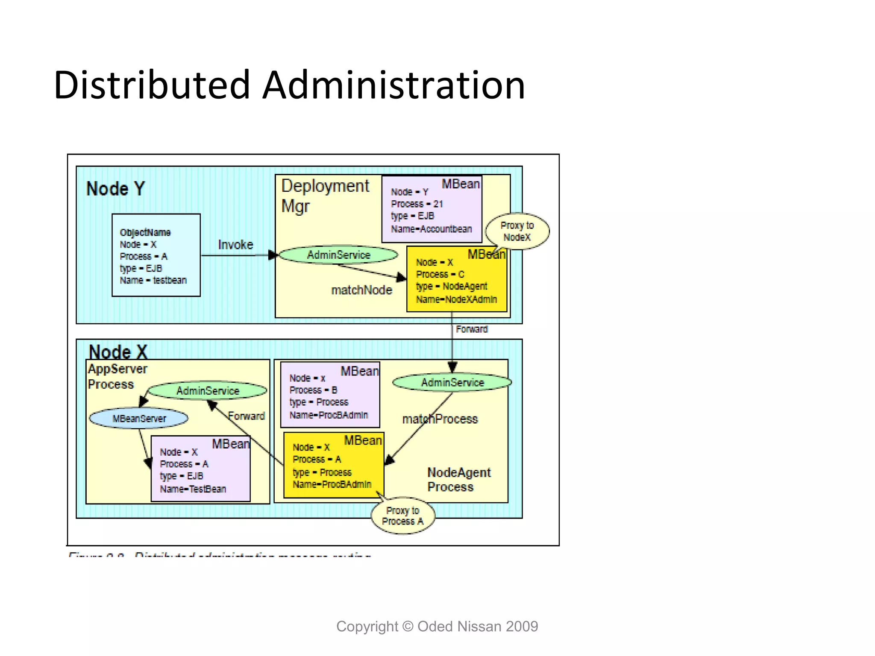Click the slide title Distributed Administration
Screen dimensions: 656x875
coord(289,85)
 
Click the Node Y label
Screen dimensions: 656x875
coord(115,189)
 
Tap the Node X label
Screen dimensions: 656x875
coord(118,352)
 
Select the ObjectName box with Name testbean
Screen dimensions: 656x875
coord(156,255)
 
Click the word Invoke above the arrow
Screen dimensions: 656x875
coord(235,245)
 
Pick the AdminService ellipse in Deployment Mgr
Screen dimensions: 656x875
coord(338,255)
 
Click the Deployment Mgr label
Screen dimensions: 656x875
coord(325,196)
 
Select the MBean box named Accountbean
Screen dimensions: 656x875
coord(432,209)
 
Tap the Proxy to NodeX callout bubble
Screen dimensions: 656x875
coord(517,231)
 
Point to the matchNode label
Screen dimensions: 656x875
coord(361,290)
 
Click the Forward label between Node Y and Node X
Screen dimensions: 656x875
coord(471,329)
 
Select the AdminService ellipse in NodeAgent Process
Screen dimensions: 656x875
coord(452,382)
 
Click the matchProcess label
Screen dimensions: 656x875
coord(440,419)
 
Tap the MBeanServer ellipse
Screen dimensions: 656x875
coord(138,419)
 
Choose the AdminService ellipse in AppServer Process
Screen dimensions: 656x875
coord(208,390)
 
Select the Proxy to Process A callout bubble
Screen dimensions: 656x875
coord(402,516)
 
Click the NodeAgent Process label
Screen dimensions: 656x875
coord(458,480)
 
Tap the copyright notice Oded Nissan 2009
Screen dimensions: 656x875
coord(437,626)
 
